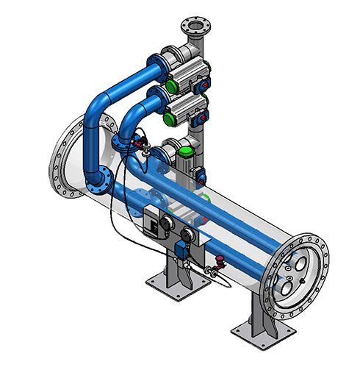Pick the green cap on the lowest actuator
[x=187, y=152]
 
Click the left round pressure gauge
[x=168, y=221]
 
